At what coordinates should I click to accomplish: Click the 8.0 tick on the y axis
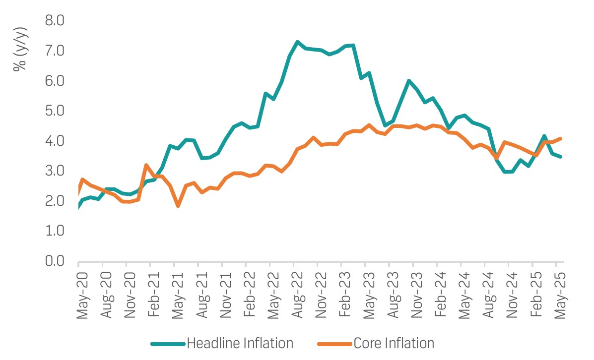coord(55,21)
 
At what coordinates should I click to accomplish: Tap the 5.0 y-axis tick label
coord(55,111)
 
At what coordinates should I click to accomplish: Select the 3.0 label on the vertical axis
coord(55,171)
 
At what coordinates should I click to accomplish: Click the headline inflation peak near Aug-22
coord(297,42)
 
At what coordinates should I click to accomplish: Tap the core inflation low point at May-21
coord(178,206)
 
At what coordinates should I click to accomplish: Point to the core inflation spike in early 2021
coord(146,165)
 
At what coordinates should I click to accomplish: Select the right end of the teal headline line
coord(561,157)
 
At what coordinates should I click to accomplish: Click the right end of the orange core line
coord(561,138)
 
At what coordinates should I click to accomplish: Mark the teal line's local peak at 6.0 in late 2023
coord(408,81)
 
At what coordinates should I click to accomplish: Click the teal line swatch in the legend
coord(167,343)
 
